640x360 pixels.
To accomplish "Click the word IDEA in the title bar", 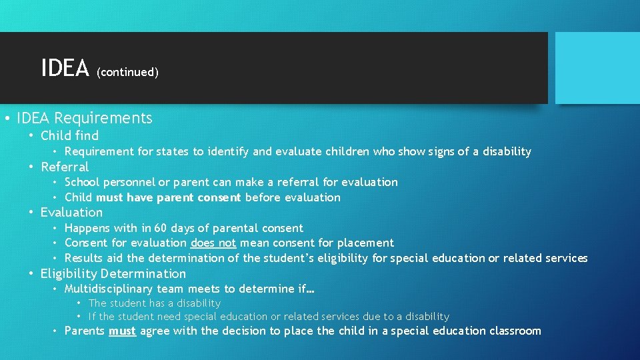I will coord(65,68).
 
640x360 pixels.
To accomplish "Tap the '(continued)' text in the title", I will coord(127,72).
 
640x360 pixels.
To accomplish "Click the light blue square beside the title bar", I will coord(597,68).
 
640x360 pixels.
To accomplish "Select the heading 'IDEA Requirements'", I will coord(85,119).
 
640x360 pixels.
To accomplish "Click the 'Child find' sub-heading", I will coord(69,136).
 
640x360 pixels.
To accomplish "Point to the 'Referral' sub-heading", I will coord(65,167).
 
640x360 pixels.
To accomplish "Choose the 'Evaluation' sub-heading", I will coord(71,213).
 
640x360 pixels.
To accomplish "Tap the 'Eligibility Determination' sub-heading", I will coord(113,274).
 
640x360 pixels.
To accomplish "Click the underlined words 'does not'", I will coord(213,243).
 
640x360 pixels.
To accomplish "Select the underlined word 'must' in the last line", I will coord(122,331).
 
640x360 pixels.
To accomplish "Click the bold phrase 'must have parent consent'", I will coord(169,197).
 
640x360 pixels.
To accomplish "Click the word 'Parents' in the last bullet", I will coord(85,331).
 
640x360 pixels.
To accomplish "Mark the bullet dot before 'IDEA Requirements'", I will coord(6,119).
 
